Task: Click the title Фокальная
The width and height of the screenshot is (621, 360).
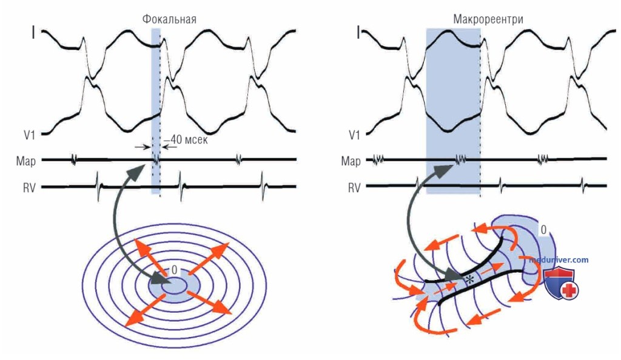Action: (x=169, y=19)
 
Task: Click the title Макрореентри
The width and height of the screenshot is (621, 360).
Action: (x=488, y=19)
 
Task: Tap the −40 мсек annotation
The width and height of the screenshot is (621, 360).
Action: (x=186, y=139)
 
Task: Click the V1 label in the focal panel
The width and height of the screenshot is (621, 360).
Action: (x=30, y=135)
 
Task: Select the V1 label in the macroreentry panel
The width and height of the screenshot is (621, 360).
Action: (x=354, y=135)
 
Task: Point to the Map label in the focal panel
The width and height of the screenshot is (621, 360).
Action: (x=26, y=161)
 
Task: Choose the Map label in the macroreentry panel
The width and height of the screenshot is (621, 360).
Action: (x=351, y=161)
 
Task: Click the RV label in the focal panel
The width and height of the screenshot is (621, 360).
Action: (x=29, y=187)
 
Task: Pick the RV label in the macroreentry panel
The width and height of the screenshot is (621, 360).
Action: (x=354, y=187)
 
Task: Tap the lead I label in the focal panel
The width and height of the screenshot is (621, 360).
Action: (x=33, y=33)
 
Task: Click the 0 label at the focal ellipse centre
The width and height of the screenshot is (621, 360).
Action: (x=174, y=270)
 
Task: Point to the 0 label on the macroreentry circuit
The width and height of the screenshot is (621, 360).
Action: (x=543, y=230)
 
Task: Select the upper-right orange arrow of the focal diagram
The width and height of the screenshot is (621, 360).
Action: (x=208, y=258)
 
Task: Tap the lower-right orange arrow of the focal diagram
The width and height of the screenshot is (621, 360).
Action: (x=209, y=302)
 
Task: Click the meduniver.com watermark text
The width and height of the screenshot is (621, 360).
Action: (x=559, y=260)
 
